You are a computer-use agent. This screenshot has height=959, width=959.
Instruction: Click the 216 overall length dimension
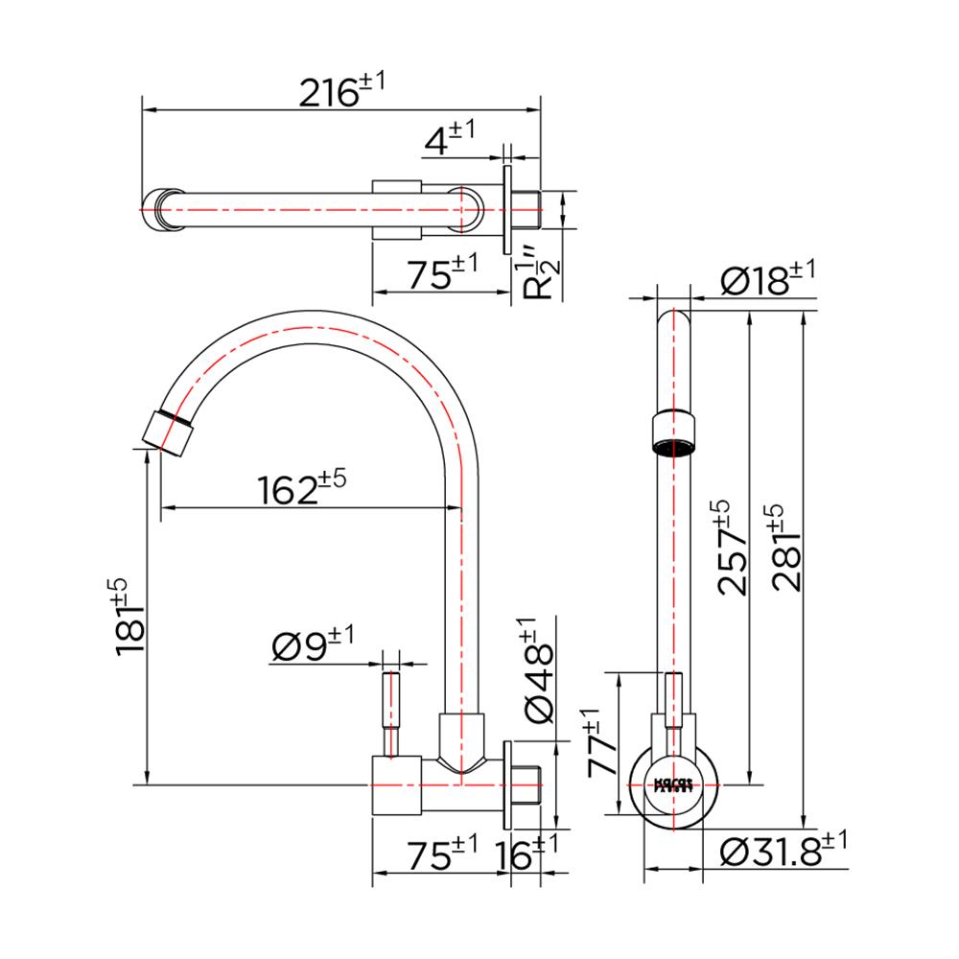click(x=341, y=93)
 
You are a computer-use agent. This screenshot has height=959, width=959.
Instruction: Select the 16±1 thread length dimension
click(x=526, y=852)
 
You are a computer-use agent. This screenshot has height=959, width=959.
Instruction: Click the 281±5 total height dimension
click(x=786, y=549)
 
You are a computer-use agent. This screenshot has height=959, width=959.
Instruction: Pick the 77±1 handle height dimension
click(x=603, y=743)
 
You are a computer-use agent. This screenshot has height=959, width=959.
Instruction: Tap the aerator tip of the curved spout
click(x=169, y=433)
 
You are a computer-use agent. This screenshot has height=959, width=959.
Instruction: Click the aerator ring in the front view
click(x=672, y=432)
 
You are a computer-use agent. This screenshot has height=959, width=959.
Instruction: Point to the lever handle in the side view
click(x=392, y=714)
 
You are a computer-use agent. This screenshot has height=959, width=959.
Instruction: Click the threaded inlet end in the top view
click(x=529, y=208)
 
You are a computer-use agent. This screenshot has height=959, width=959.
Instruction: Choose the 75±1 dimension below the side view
click(x=441, y=852)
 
